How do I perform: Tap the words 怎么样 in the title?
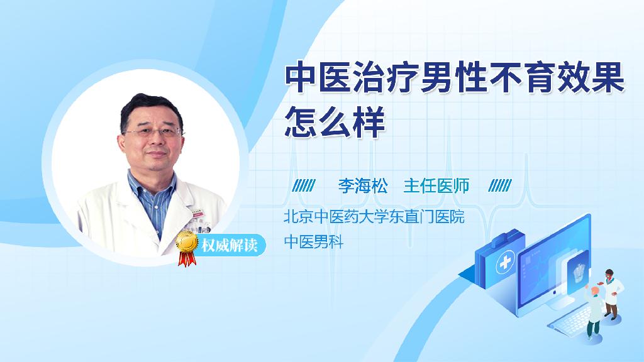click(x=335, y=121)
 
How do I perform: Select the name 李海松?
click(x=363, y=186)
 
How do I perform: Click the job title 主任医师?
click(x=436, y=186)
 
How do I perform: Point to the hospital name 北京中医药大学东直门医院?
click(x=374, y=217)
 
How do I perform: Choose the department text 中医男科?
click(x=314, y=242)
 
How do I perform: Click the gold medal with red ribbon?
click(x=187, y=248)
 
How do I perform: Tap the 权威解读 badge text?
click(x=229, y=245)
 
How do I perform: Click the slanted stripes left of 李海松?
click(x=304, y=185)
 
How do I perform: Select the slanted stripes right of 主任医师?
click(x=500, y=185)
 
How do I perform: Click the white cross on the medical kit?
click(x=505, y=262)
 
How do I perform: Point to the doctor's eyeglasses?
click(x=153, y=133)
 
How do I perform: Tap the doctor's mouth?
click(x=156, y=155)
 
